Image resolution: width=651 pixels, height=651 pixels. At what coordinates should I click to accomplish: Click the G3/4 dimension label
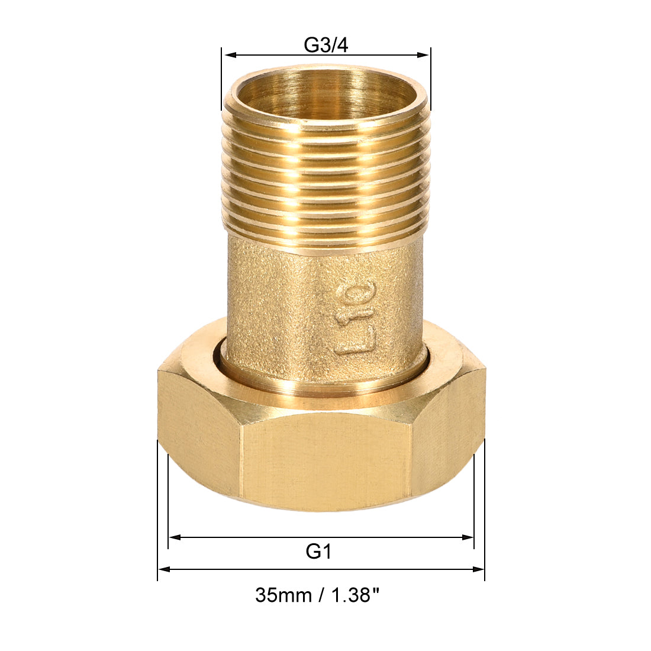tap(326, 45)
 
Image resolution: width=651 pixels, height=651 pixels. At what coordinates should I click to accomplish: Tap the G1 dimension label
tap(318, 552)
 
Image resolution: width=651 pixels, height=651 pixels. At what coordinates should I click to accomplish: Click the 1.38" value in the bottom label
tap(354, 594)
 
